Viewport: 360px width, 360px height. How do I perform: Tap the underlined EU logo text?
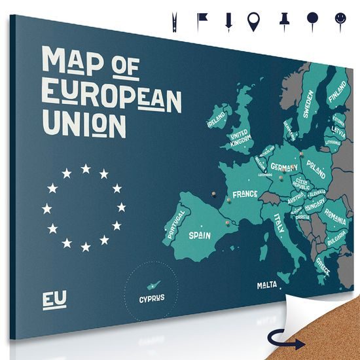click(x=54, y=300)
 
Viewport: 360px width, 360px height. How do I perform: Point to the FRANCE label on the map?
click(x=244, y=195)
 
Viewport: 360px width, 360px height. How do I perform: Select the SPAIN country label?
click(x=199, y=234)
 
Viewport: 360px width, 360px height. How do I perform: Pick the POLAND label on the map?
click(x=316, y=166)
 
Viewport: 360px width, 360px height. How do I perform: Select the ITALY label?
click(x=279, y=223)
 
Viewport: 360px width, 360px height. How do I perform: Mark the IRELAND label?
click(x=215, y=118)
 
